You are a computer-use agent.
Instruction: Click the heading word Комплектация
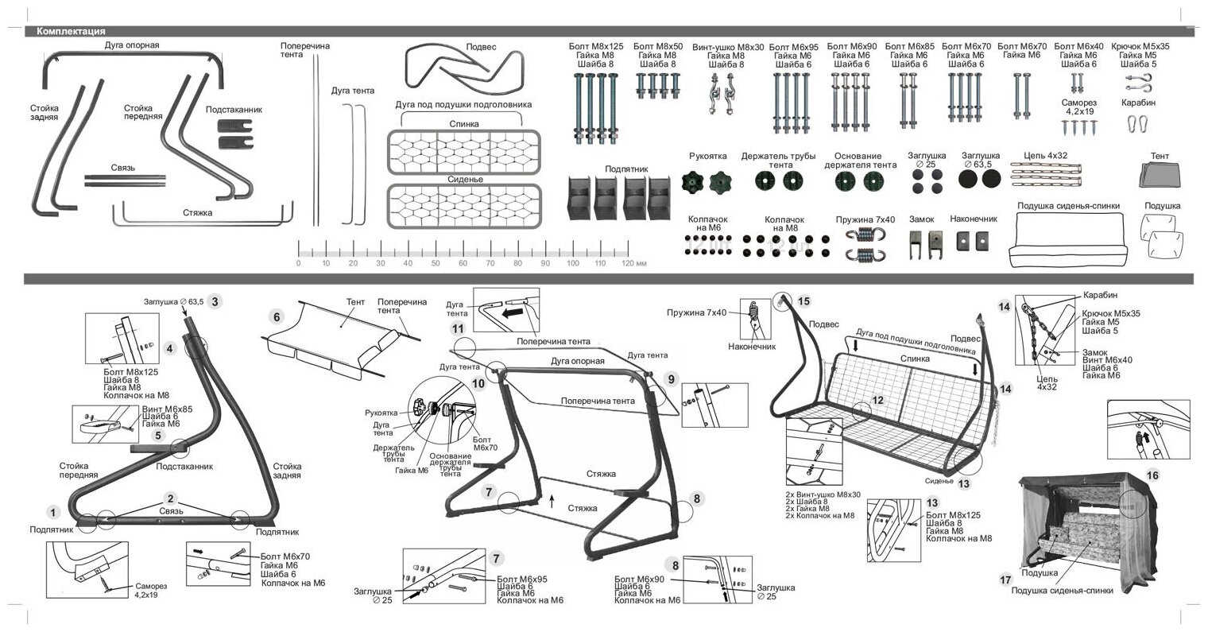pos(71,32)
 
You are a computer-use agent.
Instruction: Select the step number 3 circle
pos(215,301)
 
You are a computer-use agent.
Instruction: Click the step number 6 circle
pos(277,316)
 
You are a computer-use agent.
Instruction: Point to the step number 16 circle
pos(1153,475)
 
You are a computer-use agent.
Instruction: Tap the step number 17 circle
pos(1005,580)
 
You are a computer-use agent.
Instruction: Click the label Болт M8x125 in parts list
pos(595,47)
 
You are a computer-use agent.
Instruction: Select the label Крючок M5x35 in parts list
pos(1140,47)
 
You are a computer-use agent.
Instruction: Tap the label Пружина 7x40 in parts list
pos(865,219)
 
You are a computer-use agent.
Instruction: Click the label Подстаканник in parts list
pos(234,110)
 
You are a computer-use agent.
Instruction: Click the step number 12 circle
pos(877,400)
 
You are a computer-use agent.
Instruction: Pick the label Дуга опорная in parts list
pos(132,45)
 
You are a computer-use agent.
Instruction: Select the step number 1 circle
pos(52,512)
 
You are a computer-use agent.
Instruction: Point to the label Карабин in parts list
pos(1139,103)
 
